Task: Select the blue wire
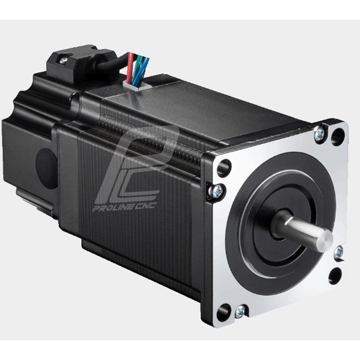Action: pyautogui.click(x=143, y=70)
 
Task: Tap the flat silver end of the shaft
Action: pyautogui.click(x=324, y=241)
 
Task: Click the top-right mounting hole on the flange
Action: pyautogui.click(x=338, y=137)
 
